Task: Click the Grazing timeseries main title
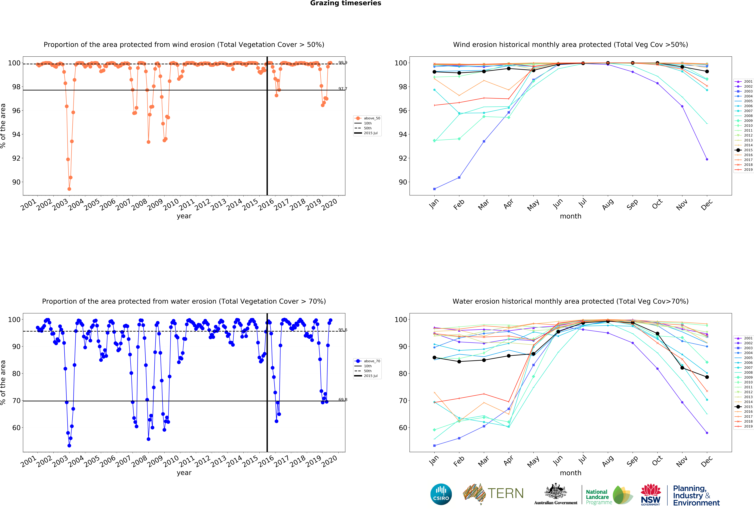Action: (x=346, y=3)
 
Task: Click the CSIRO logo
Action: (x=441, y=494)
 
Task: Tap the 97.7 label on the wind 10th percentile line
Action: (x=343, y=89)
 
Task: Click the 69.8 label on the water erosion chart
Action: (x=343, y=399)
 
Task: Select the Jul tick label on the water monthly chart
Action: (x=583, y=460)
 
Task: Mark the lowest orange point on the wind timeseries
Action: (x=69, y=189)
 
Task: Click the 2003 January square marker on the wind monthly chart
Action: (x=434, y=189)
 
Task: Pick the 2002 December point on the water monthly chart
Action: (x=707, y=433)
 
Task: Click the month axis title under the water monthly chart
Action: (x=570, y=473)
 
